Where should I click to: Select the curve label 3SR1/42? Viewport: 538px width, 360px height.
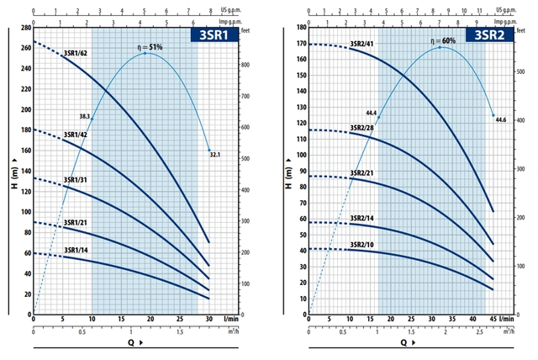(76, 135)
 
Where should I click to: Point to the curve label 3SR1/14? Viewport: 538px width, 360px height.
(76, 250)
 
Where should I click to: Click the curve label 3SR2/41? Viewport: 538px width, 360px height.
(362, 43)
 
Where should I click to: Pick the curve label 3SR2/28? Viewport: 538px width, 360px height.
(362, 128)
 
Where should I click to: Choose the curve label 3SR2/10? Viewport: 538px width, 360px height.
(362, 245)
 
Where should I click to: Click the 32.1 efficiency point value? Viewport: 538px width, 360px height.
(214, 155)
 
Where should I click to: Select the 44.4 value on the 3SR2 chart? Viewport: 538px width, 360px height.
(371, 113)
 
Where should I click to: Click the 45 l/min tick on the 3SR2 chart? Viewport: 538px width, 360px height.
(493, 320)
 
